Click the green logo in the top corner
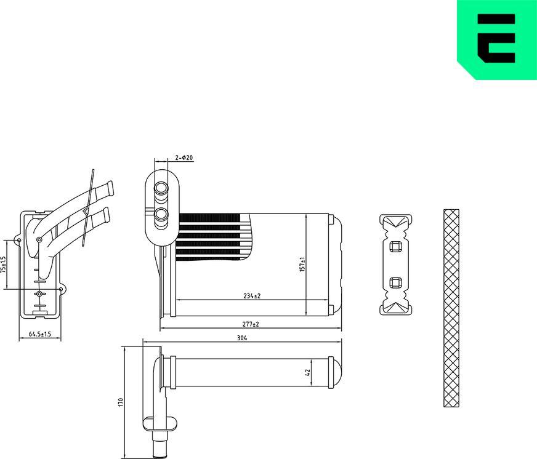pyautogui.click(x=496, y=39)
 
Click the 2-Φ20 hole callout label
pyautogui.click(x=184, y=158)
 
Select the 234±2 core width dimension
pyautogui.click(x=251, y=296)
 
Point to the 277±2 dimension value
pyautogui.click(x=250, y=324)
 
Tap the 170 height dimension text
pyautogui.click(x=121, y=402)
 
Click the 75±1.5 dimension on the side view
pyautogui.click(x=4, y=265)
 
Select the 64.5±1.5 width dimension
pyautogui.click(x=40, y=335)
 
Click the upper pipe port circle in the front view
pyautogui.click(x=161, y=188)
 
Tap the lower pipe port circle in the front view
pyautogui.click(x=161, y=214)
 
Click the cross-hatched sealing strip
pyautogui.click(x=451, y=308)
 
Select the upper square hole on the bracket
pyautogui.click(x=395, y=247)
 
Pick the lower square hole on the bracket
pyautogui.click(x=395, y=283)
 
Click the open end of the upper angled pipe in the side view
pyautogui.click(x=111, y=187)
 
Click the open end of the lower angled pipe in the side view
pyautogui.click(x=107, y=214)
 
